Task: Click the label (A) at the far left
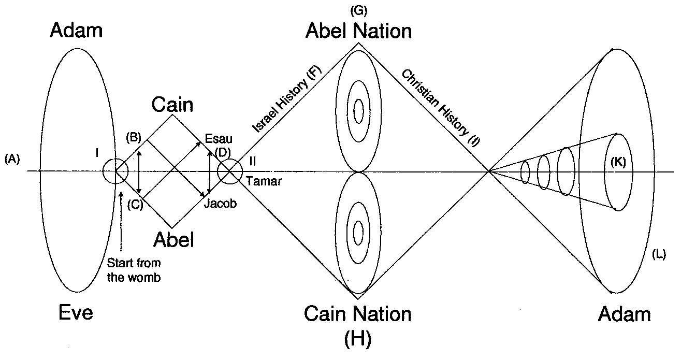point(11,160)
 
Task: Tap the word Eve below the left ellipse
point(75,313)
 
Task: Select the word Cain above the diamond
point(172,105)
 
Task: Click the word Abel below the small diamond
point(173,240)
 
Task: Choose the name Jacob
point(220,204)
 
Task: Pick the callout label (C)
point(134,204)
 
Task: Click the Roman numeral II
point(252,161)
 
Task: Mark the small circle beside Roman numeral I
point(115,171)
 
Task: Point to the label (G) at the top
point(358,10)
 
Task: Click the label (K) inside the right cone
point(618,162)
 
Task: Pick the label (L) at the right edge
point(659,255)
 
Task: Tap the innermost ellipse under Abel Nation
point(358,110)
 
